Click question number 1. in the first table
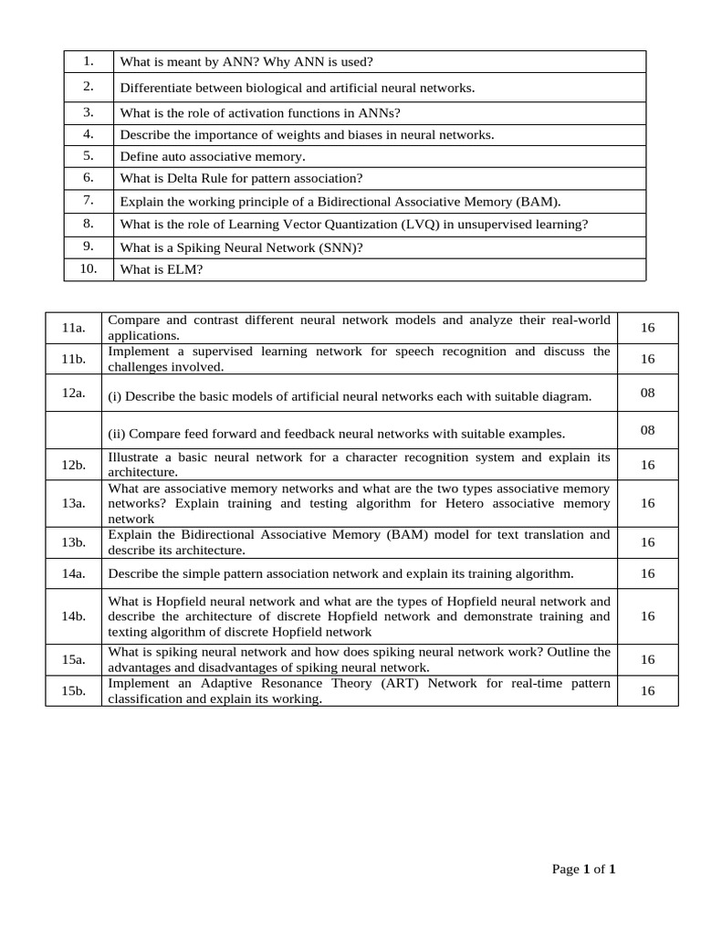tap(89, 61)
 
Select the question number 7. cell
tap(89, 200)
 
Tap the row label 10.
tap(89, 268)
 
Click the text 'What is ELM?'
tap(161, 269)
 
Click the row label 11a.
tap(74, 328)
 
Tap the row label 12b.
tap(74, 465)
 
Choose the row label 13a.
tap(74, 503)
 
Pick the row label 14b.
tap(74, 616)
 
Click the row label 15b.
tap(74, 691)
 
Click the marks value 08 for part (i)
tap(647, 392)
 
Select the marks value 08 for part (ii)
tap(647, 430)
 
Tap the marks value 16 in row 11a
tap(647, 328)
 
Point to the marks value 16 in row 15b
tap(647, 691)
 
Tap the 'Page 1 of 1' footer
tap(583, 869)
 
